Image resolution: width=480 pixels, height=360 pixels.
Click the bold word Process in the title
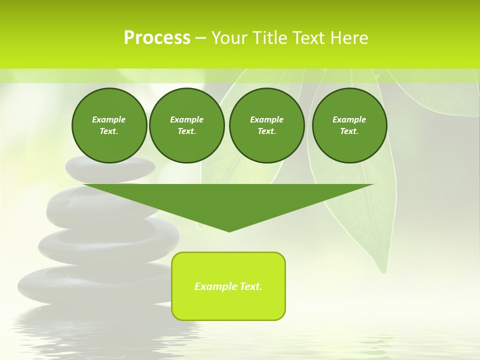[x=157, y=38]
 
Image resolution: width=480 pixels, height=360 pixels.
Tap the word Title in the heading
[x=268, y=38]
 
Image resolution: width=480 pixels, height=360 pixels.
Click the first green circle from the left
[x=109, y=125]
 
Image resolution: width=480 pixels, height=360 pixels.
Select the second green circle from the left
[x=186, y=125]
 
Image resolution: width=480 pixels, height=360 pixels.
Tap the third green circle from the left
[x=266, y=125]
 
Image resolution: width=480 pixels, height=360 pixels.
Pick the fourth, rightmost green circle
[x=349, y=125]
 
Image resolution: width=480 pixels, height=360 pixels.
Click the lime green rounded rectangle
[x=228, y=305]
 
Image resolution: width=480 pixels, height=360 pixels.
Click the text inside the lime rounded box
[x=228, y=286]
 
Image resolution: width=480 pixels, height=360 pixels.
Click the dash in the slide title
[x=200, y=38]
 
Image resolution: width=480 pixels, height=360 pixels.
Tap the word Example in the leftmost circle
[x=109, y=119]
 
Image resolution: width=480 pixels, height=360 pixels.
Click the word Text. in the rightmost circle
[x=349, y=131]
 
